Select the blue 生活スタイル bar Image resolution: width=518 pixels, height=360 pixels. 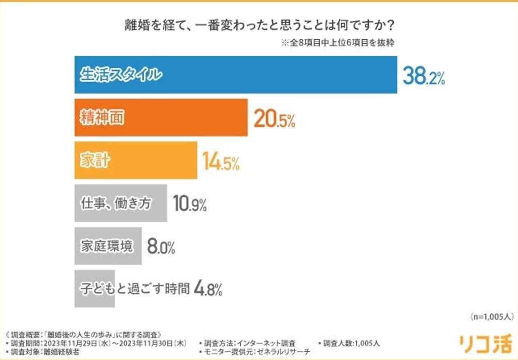(x=236, y=75)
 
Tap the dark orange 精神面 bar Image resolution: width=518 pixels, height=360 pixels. (x=161, y=118)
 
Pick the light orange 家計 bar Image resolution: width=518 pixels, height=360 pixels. (x=136, y=160)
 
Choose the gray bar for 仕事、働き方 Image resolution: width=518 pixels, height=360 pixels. (x=121, y=203)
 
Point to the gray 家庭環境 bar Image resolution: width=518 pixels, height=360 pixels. (x=108, y=246)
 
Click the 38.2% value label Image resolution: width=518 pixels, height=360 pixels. (x=423, y=76)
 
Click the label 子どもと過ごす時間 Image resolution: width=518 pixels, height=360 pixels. (x=133, y=288)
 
